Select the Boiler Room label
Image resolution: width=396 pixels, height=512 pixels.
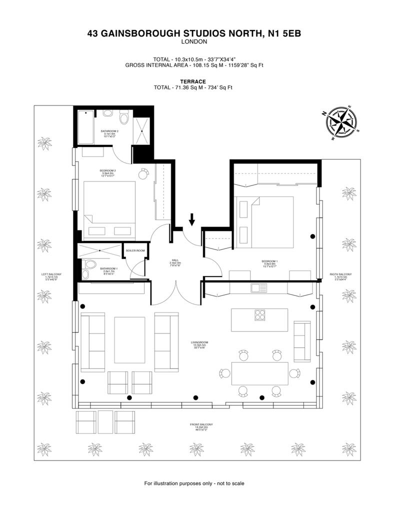pyautogui.click(x=135, y=250)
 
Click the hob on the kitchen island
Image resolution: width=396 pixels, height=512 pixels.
pyautogui.click(x=260, y=315)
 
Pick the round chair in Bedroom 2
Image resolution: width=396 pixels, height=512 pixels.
pyautogui.click(x=144, y=173)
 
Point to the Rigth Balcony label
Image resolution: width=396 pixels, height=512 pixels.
pyautogui.click(x=340, y=276)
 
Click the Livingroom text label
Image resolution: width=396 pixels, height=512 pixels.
pyautogui.click(x=199, y=344)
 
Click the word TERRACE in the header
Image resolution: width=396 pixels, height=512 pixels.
pyautogui.click(x=193, y=81)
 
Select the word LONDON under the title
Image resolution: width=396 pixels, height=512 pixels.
pyautogui.click(x=194, y=42)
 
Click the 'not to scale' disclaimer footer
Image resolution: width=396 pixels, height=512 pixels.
pyautogui.click(x=194, y=483)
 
